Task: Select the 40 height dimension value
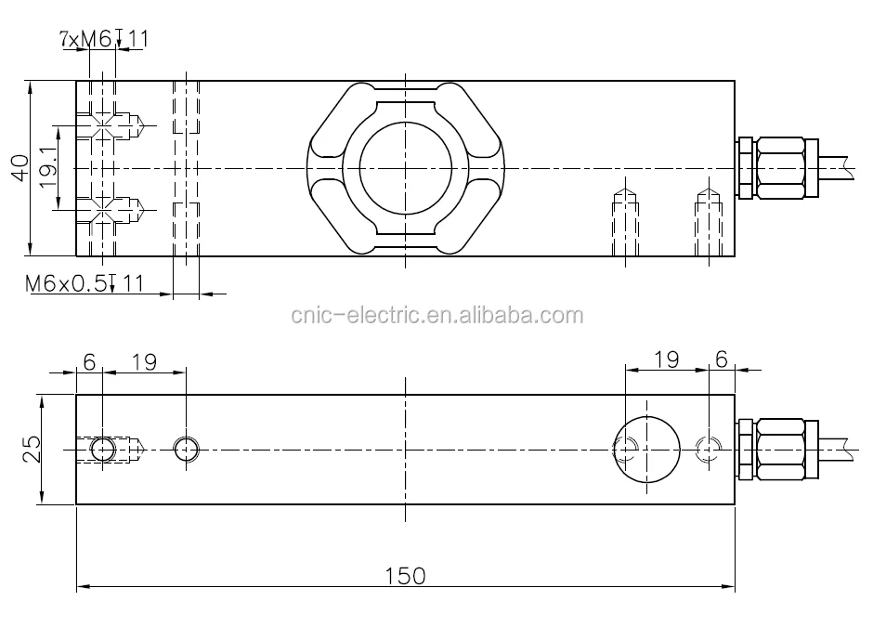point(20,168)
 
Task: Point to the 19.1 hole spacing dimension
point(49,168)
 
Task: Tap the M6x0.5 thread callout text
point(84,283)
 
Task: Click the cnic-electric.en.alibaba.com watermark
point(436,315)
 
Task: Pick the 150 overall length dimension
point(405,576)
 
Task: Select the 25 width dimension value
point(32,450)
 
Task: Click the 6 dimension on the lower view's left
point(89,361)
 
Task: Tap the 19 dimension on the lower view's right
point(666,359)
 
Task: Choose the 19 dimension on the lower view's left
point(144,361)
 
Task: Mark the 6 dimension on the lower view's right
point(722,359)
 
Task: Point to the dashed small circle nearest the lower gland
point(710,450)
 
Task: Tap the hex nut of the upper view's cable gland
point(780,168)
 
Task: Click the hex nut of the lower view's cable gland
point(780,450)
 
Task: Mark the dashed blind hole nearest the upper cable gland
point(710,223)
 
